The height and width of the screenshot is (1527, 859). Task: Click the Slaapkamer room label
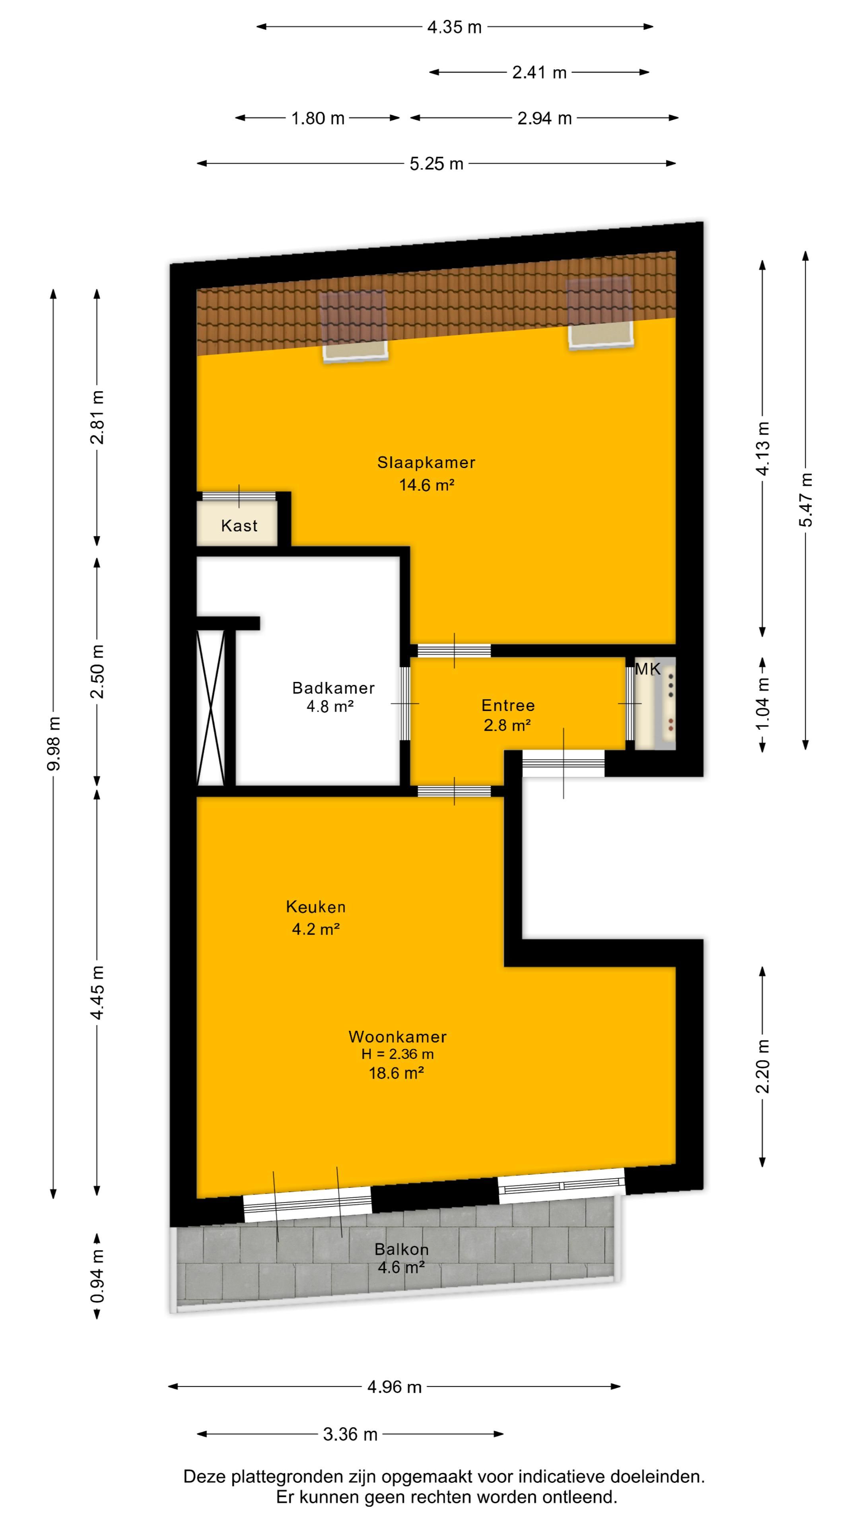point(426,462)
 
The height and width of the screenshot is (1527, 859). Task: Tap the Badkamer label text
point(333,688)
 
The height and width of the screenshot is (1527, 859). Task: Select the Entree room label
point(508,705)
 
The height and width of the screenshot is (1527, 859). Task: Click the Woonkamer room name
point(397,1037)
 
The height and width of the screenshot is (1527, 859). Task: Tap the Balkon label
point(401,1249)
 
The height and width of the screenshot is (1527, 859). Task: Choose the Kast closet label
point(239,526)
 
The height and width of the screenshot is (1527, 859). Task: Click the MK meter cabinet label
point(647,669)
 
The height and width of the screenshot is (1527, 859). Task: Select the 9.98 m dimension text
point(53,743)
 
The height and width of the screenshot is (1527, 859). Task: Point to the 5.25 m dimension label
point(436,163)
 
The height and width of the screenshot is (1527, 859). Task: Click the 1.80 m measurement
point(318,118)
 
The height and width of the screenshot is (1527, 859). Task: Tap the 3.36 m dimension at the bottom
point(350,1434)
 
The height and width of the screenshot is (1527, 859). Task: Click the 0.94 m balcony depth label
point(97,1276)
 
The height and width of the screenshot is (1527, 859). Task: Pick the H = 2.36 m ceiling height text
point(397,1054)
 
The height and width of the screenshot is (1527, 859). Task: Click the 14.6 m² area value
point(426,485)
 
